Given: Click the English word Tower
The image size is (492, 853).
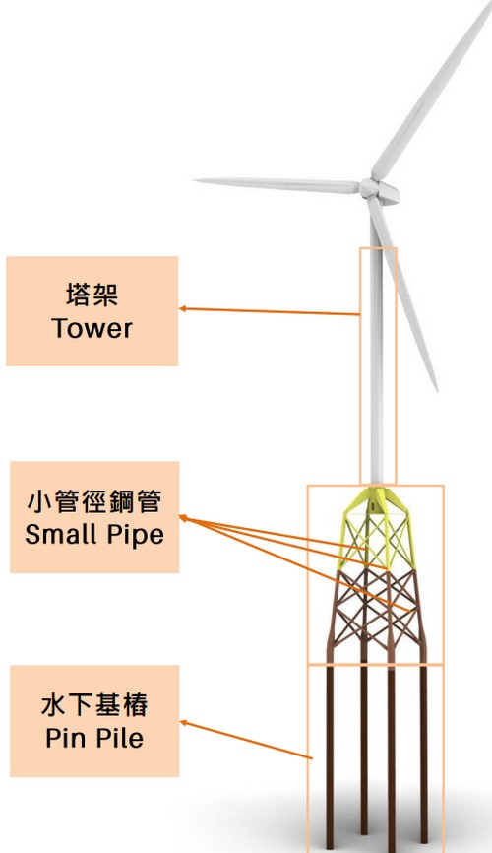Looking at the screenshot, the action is [92, 329].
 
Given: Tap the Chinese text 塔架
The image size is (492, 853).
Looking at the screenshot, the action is [92, 295].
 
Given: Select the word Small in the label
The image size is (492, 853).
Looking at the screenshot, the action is [61, 534].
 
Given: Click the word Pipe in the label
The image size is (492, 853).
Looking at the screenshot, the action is [136, 535].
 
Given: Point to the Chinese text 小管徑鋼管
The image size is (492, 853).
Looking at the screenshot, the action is [94, 500].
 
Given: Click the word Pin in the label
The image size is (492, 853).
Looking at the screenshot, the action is [64, 738].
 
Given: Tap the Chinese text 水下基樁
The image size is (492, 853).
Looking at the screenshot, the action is [94, 704].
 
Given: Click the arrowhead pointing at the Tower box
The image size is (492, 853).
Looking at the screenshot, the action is [183, 308].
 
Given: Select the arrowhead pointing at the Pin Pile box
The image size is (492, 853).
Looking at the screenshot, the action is [183, 722].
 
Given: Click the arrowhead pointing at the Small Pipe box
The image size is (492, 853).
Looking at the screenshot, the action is [183, 518].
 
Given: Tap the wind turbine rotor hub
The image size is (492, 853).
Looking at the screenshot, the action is [368, 188].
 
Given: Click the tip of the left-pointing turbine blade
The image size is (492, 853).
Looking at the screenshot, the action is [195, 180].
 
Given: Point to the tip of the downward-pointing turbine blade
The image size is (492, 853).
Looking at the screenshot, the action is [436, 388].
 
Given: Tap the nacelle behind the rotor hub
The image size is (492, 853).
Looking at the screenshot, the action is [388, 193].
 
